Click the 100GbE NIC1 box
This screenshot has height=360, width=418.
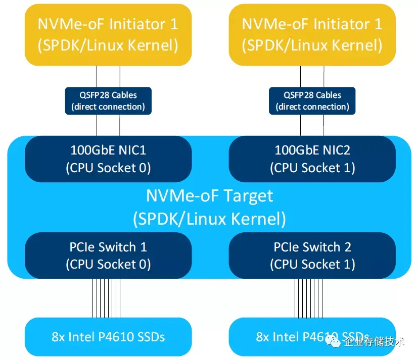click(x=108, y=159)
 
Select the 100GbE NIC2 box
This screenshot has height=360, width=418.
click(x=312, y=159)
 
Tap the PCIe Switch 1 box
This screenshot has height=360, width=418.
click(x=108, y=255)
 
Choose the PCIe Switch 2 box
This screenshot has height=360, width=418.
click(x=312, y=255)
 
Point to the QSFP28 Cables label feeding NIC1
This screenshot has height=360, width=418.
click(x=108, y=100)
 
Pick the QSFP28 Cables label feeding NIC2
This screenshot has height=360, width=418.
click(x=312, y=100)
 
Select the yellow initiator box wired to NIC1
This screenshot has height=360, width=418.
click(x=108, y=34)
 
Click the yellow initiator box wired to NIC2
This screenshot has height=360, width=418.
click(x=312, y=34)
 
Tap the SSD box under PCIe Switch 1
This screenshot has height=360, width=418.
click(x=108, y=337)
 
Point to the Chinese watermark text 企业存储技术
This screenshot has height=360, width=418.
click(x=374, y=343)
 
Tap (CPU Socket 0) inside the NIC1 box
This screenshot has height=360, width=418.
click(x=108, y=168)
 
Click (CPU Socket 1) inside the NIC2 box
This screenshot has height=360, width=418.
click(x=312, y=168)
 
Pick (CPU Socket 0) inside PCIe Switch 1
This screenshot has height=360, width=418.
click(x=108, y=264)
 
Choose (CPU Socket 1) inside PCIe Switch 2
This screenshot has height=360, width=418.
click(x=312, y=264)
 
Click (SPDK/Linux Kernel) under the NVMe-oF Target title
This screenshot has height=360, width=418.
click(x=209, y=219)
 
